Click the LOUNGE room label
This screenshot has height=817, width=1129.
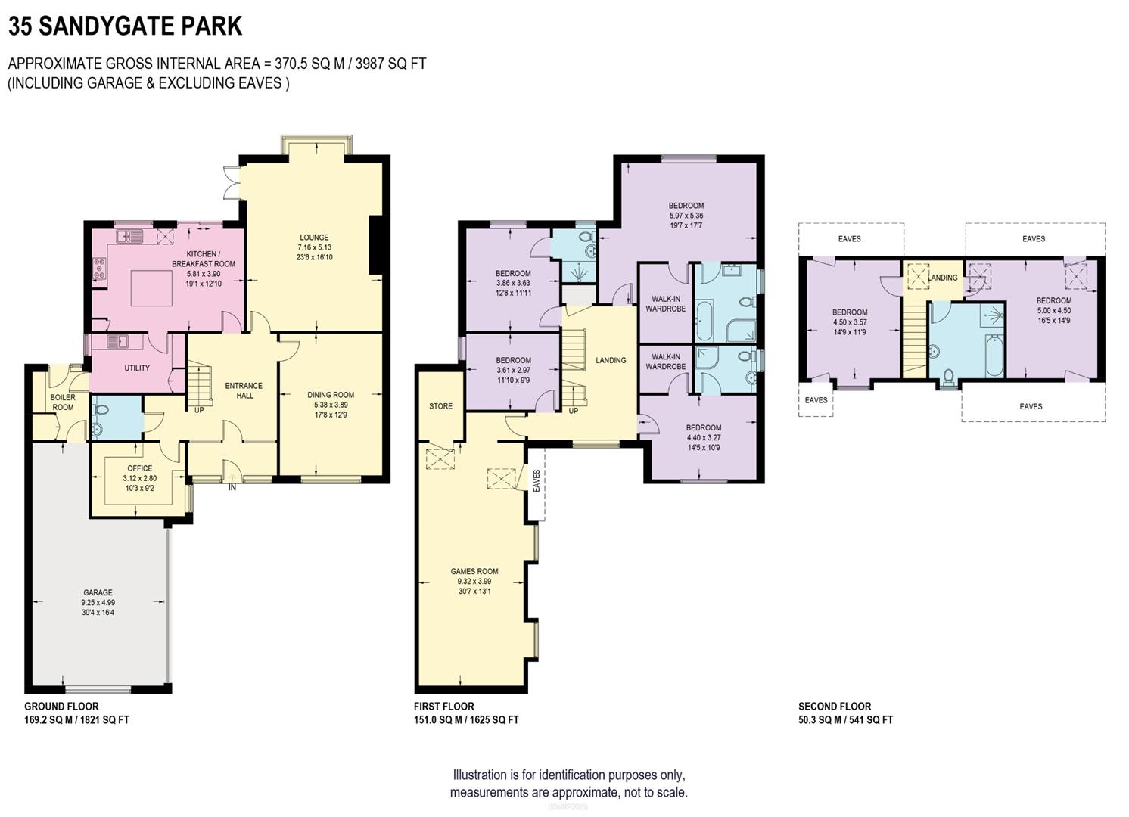314,238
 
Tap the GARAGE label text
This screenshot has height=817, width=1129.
98,592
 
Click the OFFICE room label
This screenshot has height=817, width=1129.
139,468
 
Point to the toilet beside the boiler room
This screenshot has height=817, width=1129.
101,410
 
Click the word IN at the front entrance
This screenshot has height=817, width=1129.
232,488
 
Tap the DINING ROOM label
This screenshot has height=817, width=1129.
331,394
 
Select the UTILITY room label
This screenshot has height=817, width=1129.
137,368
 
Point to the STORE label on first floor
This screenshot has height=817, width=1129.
440,406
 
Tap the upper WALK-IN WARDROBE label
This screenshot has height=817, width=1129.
665,303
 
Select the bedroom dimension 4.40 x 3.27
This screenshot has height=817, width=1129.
704,437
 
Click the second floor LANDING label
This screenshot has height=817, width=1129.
942,278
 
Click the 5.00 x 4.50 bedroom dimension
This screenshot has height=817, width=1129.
1053,310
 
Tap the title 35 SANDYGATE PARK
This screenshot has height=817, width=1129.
125,26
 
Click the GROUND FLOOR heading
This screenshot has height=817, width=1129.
61,707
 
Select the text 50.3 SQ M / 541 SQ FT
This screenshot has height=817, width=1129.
845,720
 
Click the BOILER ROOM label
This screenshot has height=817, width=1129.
63,402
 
